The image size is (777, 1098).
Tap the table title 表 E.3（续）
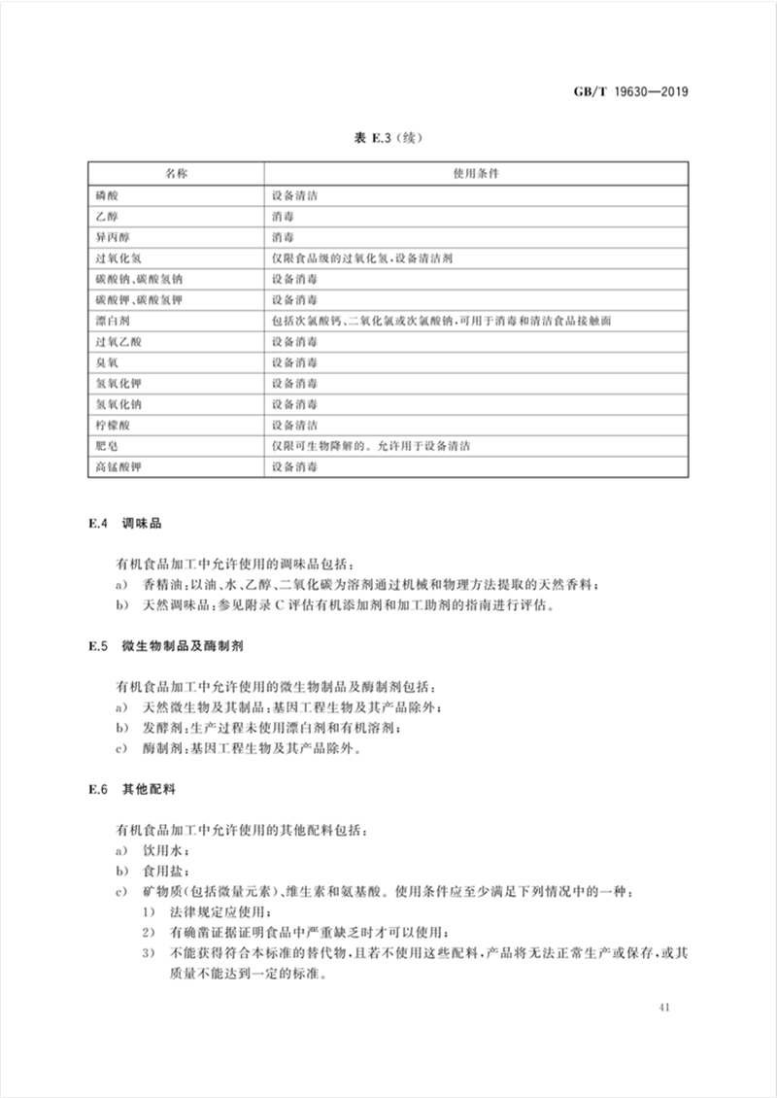388,140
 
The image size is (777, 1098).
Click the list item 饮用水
155,849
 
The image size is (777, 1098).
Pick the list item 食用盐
155,870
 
